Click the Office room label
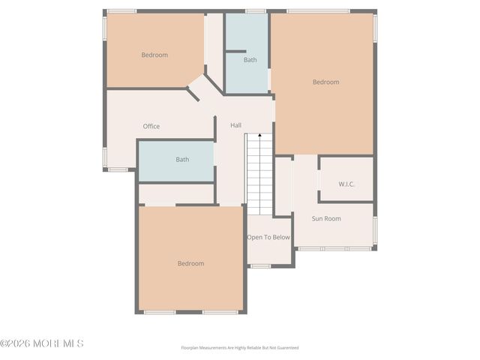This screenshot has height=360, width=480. tap(151, 126)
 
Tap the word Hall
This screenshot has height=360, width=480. tap(235, 125)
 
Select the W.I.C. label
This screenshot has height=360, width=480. tap(346, 184)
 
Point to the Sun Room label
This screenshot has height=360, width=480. tap(326, 218)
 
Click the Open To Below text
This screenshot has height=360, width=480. tap(268, 238)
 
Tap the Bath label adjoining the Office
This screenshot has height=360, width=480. tap(182, 159)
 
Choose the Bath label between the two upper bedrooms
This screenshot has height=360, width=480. tap(250, 60)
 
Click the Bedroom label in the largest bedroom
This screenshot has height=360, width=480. tap(325, 82)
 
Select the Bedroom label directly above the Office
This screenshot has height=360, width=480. tap(154, 55)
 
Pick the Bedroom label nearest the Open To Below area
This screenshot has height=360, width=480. tap(190, 263)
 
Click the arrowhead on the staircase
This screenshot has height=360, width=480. tap(259, 135)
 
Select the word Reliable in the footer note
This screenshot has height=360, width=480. tap(249, 348)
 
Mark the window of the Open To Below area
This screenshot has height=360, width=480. tap(260, 265)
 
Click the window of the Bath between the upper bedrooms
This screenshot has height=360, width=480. tap(255, 11)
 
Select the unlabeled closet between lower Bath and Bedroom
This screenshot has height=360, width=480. tap(176, 194)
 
